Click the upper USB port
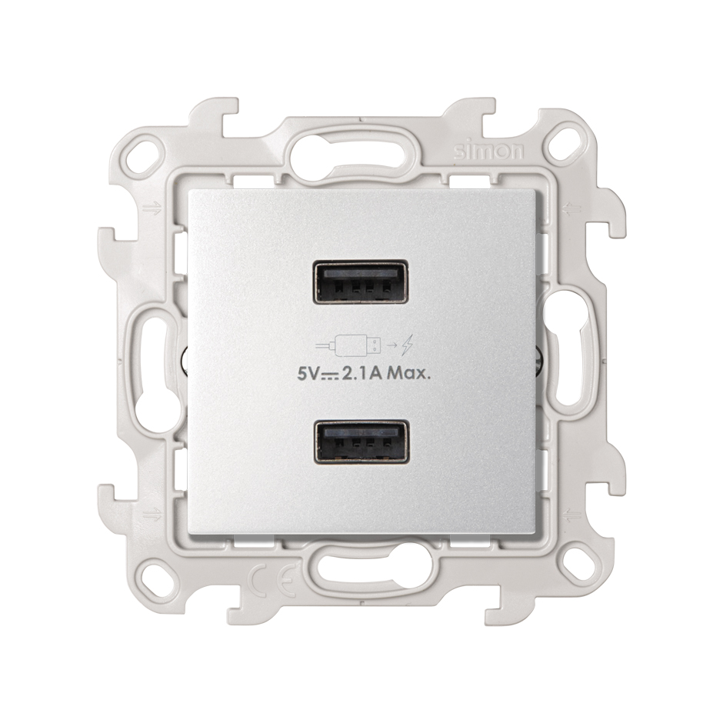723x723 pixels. point(360,282)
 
